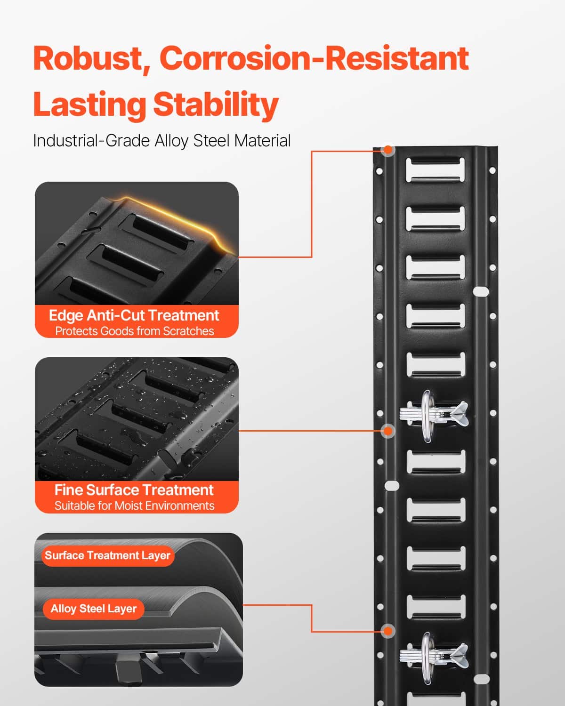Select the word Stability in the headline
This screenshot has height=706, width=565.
click(216, 105)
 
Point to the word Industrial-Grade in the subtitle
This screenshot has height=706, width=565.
click(92, 141)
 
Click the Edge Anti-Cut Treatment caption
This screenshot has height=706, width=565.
click(134, 316)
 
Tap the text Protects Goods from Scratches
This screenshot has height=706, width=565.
click(135, 331)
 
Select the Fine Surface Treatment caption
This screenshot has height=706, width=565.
click(134, 490)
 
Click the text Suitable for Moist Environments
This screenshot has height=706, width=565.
click(135, 505)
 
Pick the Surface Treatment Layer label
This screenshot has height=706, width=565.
click(108, 556)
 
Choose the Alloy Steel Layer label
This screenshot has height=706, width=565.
click(94, 609)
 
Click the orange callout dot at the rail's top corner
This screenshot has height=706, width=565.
click(388, 150)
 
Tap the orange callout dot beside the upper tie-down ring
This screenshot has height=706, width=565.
click(388, 431)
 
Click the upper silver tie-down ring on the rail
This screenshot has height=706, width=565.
click(426, 417)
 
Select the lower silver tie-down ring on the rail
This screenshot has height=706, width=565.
click(426, 658)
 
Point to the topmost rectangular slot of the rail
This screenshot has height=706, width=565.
click(436, 170)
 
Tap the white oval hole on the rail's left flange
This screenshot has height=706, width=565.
click(392, 486)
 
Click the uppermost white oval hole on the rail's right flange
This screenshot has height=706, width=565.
click(481, 291)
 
